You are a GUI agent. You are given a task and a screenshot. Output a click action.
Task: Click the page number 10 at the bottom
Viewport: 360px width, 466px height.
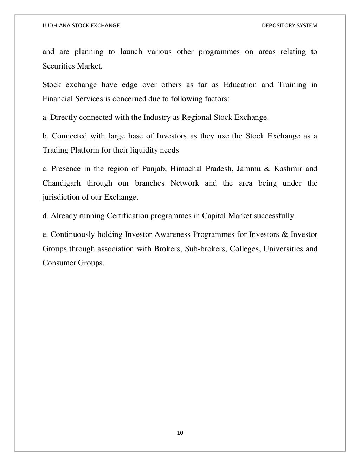click(180, 433)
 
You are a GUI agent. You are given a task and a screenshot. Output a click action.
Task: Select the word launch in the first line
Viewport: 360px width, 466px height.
click(131, 52)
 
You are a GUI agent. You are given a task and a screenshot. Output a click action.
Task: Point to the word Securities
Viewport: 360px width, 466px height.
click(57, 66)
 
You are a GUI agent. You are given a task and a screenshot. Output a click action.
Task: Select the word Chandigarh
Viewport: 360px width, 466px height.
click(62, 183)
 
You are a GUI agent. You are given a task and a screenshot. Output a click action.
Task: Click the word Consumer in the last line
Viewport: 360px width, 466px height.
click(58, 263)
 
